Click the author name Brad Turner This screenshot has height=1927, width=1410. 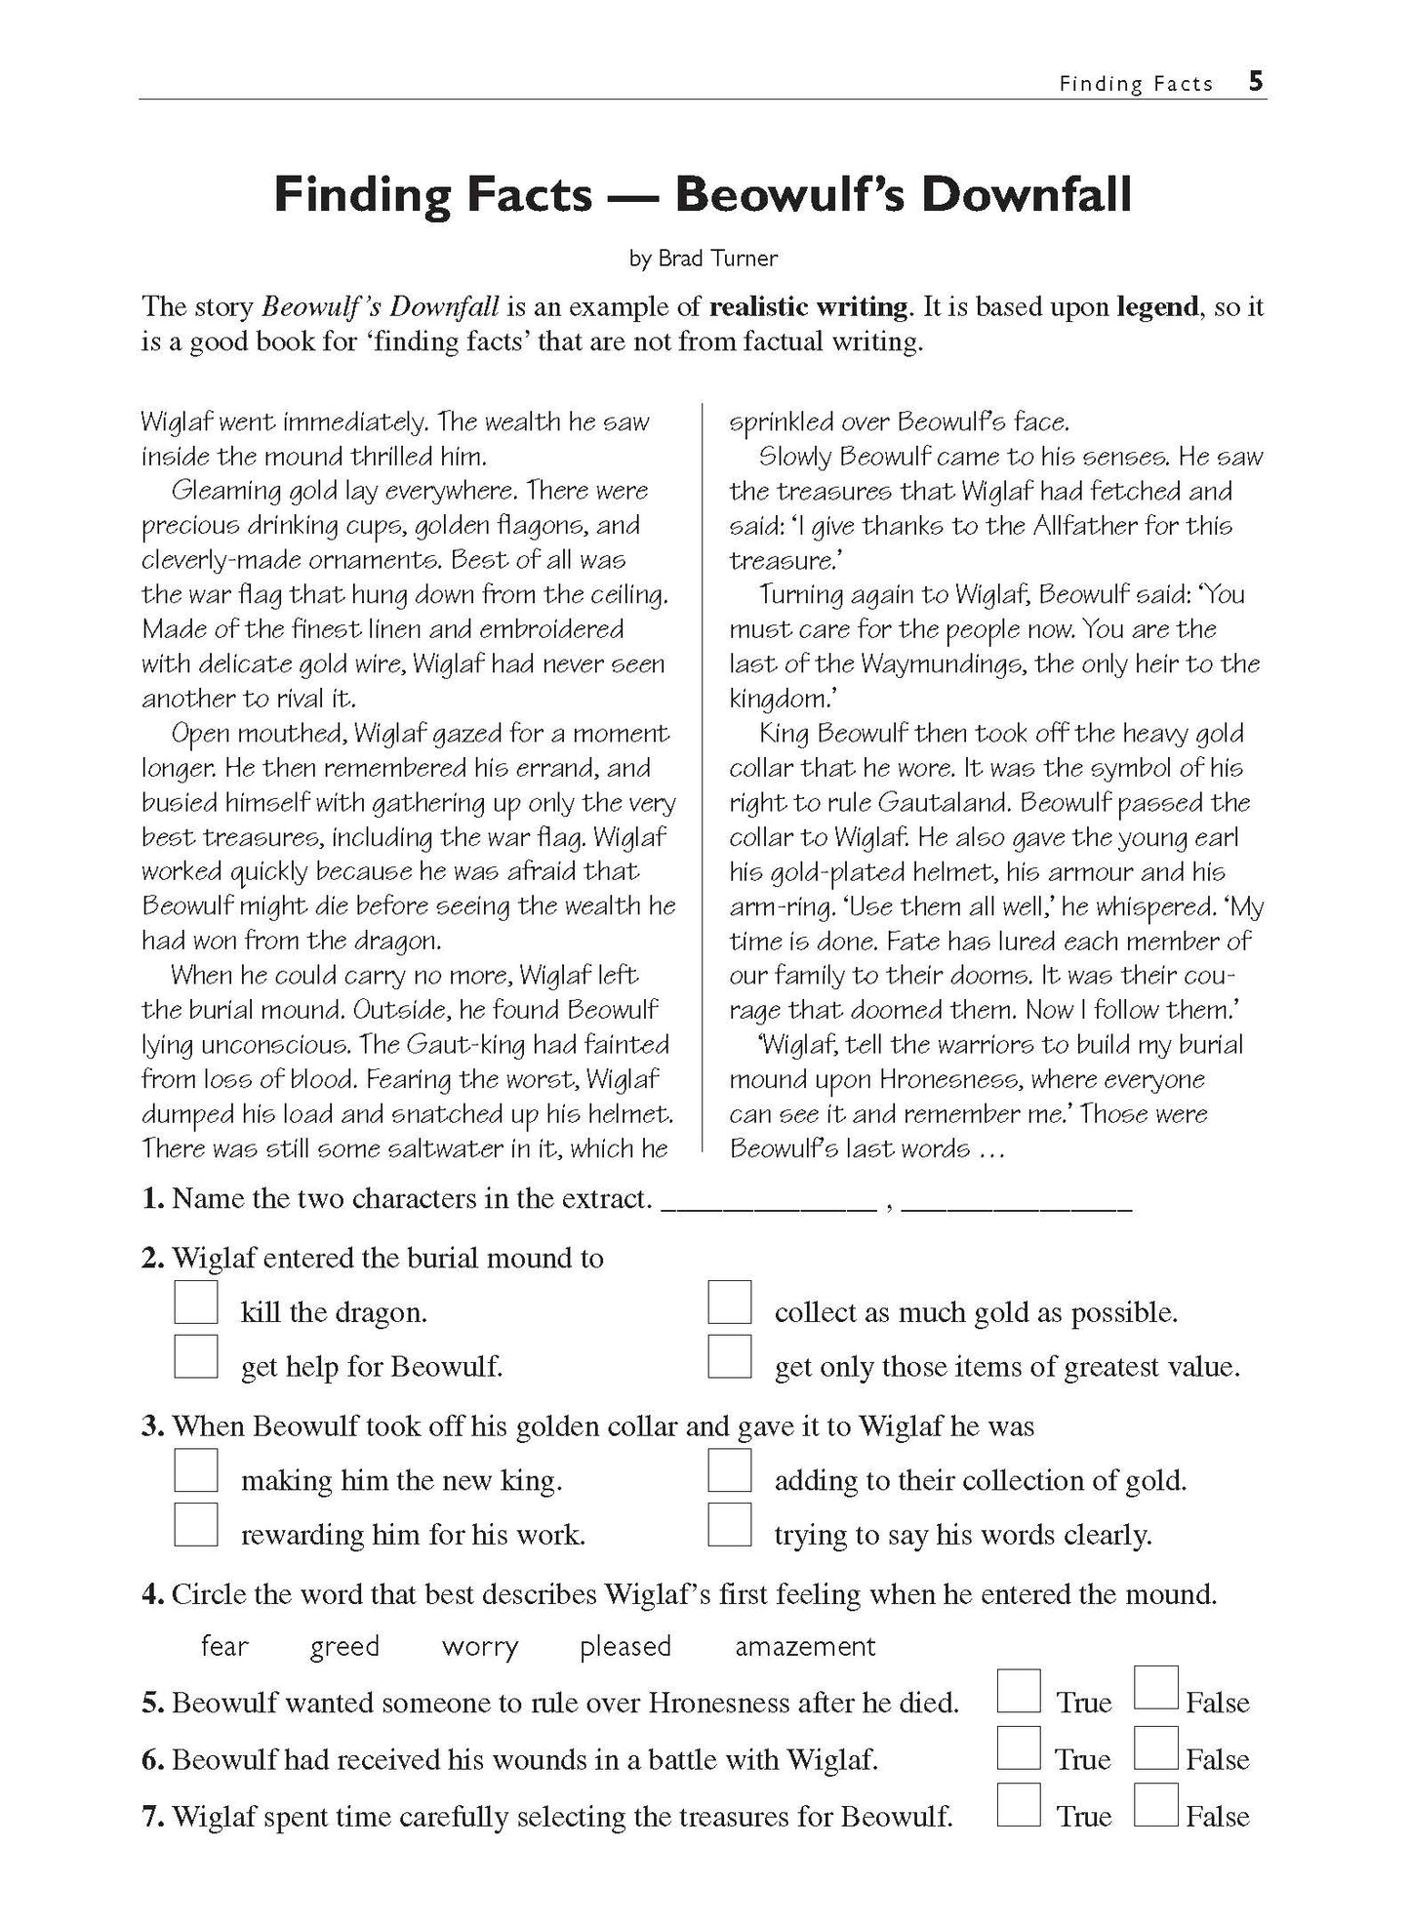(717, 259)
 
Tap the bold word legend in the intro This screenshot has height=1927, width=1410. (1157, 306)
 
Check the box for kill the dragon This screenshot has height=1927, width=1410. (196, 1303)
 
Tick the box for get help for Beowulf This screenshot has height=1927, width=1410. (196, 1357)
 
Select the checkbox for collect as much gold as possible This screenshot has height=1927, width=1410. (730, 1303)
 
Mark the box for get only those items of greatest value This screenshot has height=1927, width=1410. (730, 1357)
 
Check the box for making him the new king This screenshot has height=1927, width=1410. (196, 1471)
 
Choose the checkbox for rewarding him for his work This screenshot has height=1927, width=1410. (196, 1526)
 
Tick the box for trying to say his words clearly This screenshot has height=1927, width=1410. (730, 1526)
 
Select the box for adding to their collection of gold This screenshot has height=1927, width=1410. (730, 1471)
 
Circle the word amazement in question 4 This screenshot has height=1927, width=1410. (805, 1647)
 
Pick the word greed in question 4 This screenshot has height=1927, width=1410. (344, 1647)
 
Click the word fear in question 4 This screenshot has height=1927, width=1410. (224, 1647)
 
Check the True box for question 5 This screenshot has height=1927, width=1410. (1019, 1692)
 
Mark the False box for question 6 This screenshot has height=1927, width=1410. (1157, 1748)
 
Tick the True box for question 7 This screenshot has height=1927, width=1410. (1019, 1806)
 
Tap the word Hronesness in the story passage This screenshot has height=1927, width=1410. (944, 1079)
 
